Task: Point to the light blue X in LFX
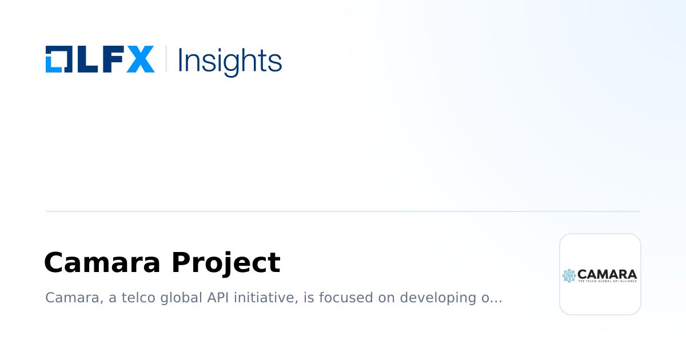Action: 140,59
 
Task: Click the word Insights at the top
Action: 230,60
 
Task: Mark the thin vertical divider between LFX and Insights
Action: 166,59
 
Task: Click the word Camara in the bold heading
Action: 102,263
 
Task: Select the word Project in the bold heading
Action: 226,263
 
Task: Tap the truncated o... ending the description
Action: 493,298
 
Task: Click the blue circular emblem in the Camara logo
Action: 569,275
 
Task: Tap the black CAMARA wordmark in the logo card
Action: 607,274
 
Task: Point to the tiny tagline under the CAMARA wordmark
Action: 607,281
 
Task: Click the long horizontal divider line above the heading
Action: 343,211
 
